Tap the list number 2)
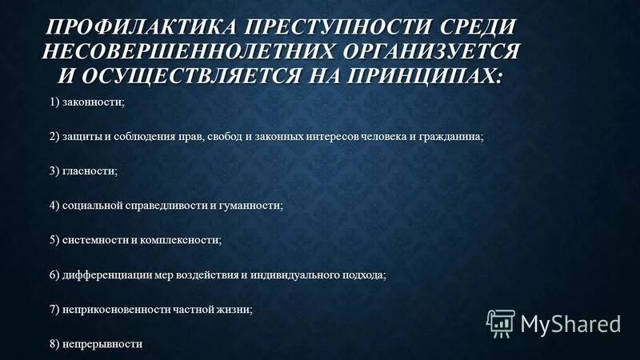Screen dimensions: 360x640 pos(54,136)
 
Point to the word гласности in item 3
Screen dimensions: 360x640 pos(90,170)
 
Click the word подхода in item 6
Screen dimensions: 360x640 pos(364,274)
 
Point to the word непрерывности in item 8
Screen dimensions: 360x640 pos(103,343)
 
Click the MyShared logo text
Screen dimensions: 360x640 pos(570,324)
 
